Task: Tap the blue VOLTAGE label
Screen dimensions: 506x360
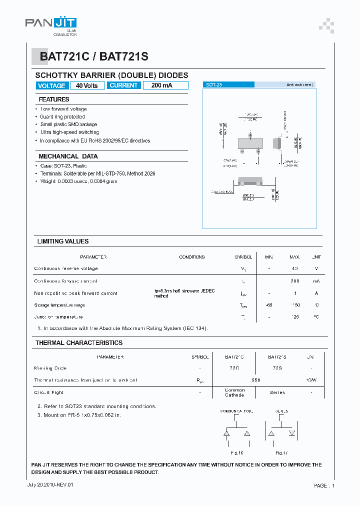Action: coord(51,85)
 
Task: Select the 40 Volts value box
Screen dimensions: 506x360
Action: coord(87,85)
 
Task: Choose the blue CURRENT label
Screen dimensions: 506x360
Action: coord(123,85)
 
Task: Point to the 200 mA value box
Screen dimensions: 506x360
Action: coord(162,85)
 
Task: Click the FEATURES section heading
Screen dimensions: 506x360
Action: coord(54,99)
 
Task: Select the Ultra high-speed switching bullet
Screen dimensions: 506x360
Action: coord(69,132)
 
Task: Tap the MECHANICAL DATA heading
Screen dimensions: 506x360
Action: coord(68,156)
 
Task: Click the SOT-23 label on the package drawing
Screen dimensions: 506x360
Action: coord(214,85)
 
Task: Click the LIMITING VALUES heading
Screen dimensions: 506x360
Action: coord(63,241)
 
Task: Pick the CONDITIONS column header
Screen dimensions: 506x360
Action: coord(192,257)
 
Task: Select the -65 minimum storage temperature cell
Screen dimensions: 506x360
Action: coord(269,305)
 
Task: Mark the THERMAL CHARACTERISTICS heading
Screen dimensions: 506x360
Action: coord(79,343)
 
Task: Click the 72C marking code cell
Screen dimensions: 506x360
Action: coord(234,368)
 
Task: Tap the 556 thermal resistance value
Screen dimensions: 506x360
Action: coord(255,380)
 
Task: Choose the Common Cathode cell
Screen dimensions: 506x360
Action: coord(234,392)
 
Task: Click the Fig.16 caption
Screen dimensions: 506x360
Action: coord(236,452)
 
